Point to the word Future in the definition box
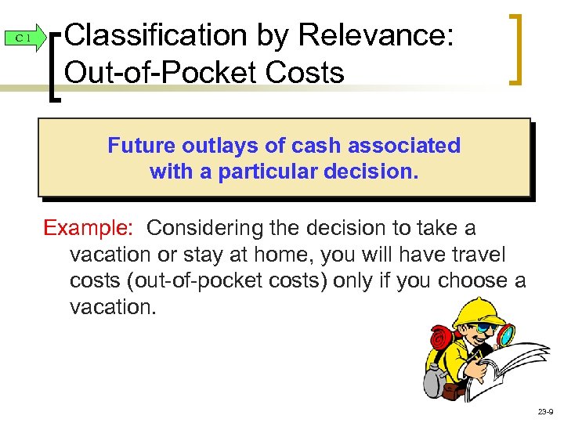click(x=140, y=146)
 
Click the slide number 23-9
click(x=544, y=411)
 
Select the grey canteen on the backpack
click(x=432, y=381)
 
